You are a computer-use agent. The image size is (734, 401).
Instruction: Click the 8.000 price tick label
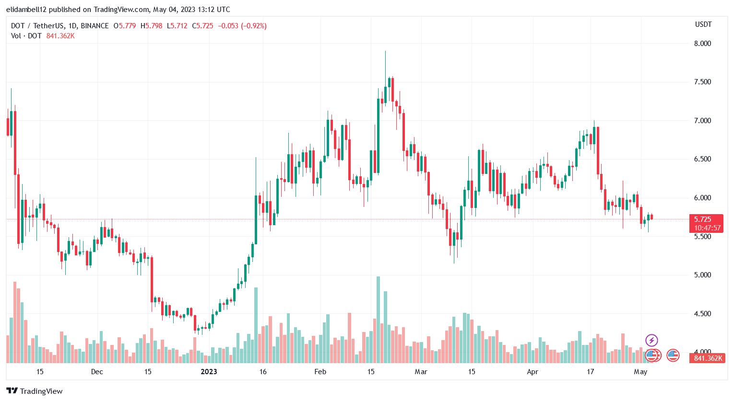tap(702, 44)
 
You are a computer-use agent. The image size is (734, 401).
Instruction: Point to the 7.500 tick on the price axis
tap(702, 82)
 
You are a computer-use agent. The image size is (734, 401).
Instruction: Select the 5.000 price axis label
tap(702, 275)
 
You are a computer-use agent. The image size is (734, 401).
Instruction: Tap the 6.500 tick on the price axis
tap(702, 159)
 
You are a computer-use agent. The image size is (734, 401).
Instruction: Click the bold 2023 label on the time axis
tap(209, 372)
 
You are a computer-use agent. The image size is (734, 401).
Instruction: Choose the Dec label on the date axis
tap(97, 372)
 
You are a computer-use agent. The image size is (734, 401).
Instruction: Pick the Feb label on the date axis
tap(320, 372)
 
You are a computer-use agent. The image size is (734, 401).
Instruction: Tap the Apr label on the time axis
tap(533, 372)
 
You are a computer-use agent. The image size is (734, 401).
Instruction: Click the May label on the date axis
tap(640, 372)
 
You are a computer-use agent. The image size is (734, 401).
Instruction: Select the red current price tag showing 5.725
tap(706, 219)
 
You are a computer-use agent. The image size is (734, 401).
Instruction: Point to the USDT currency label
tap(703, 24)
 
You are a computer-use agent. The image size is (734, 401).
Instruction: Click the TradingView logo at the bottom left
tap(35, 391)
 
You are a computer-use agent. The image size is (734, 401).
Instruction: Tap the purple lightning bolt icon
tap(651, 341)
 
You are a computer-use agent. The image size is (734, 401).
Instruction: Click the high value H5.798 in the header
tap(152, 26)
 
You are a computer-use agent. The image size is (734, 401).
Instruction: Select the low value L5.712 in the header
tap(177, 26)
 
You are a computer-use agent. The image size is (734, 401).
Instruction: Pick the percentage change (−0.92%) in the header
tap(254, 26)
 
